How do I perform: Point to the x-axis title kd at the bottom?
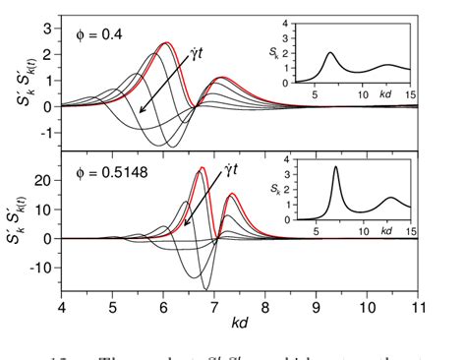[240, 322]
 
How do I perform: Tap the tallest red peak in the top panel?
[166, 43]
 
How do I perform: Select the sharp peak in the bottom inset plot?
[336, 167]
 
